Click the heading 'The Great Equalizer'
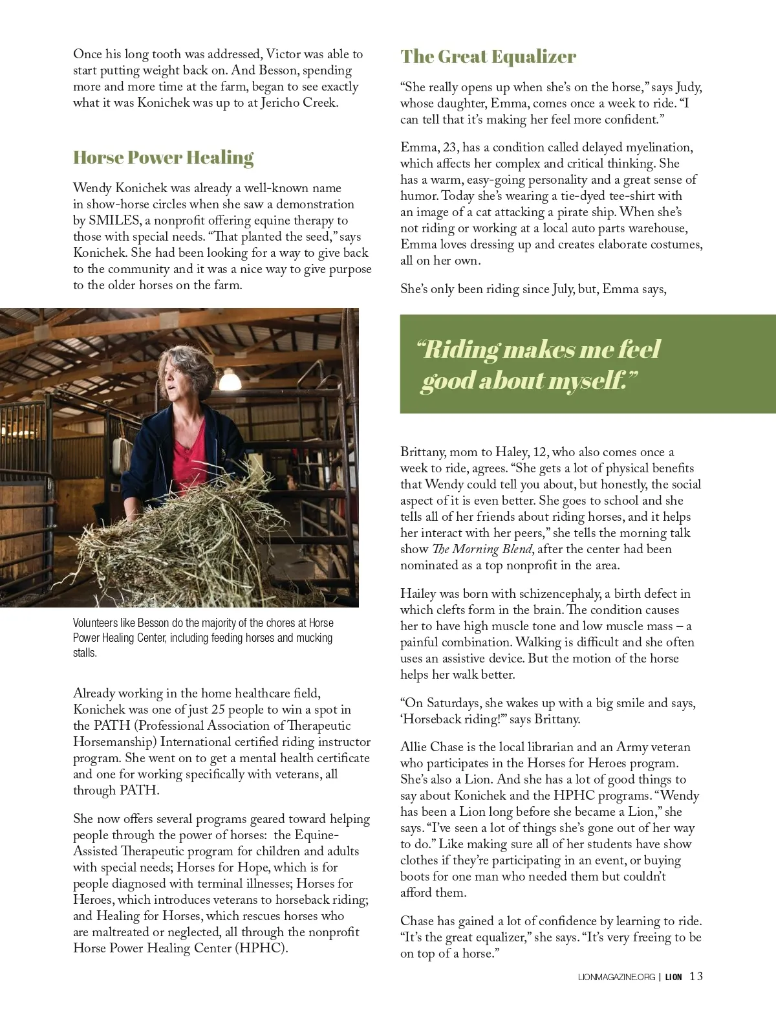488,57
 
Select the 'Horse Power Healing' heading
163,158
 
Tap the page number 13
696,976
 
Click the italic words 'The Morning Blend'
482,549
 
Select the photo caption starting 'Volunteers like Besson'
203,637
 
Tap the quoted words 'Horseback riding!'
454,719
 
